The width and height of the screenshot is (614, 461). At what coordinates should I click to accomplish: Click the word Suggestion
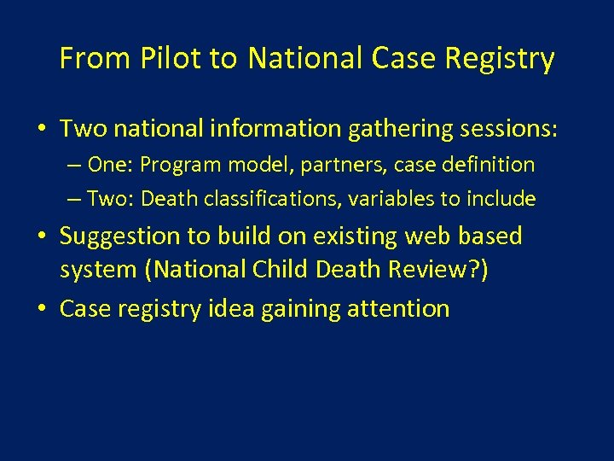[121, 236]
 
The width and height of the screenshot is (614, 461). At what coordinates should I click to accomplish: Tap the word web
[425, 236]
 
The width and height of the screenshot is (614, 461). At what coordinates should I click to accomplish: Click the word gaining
[303, 309]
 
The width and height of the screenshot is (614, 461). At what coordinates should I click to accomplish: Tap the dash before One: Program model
[73, 165]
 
